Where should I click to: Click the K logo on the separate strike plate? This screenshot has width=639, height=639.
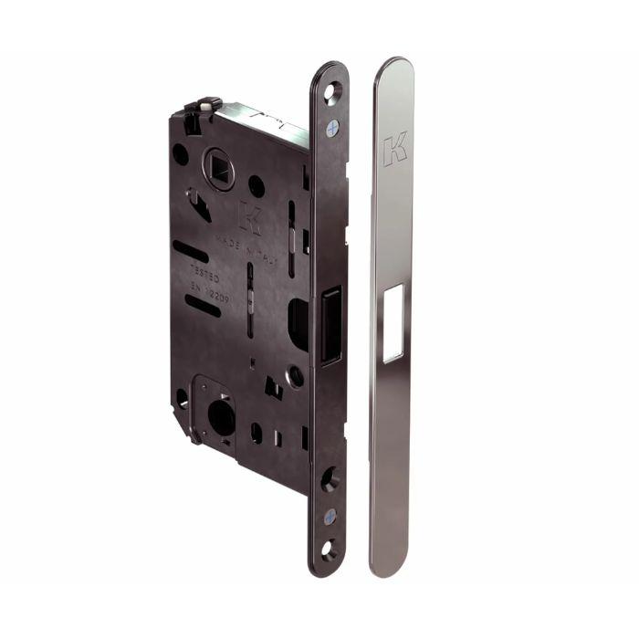394,149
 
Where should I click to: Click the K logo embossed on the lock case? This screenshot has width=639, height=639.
249,216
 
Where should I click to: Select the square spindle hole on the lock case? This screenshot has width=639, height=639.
218,165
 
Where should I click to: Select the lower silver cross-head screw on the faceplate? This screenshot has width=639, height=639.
330,517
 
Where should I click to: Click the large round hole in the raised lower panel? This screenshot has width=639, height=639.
222,418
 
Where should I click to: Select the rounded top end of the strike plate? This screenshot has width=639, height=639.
394,73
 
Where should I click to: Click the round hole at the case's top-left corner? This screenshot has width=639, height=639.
181,154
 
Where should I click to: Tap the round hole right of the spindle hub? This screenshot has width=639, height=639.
257,186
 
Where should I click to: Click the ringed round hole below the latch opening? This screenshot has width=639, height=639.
296,374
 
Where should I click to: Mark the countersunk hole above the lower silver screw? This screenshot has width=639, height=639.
330,476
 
